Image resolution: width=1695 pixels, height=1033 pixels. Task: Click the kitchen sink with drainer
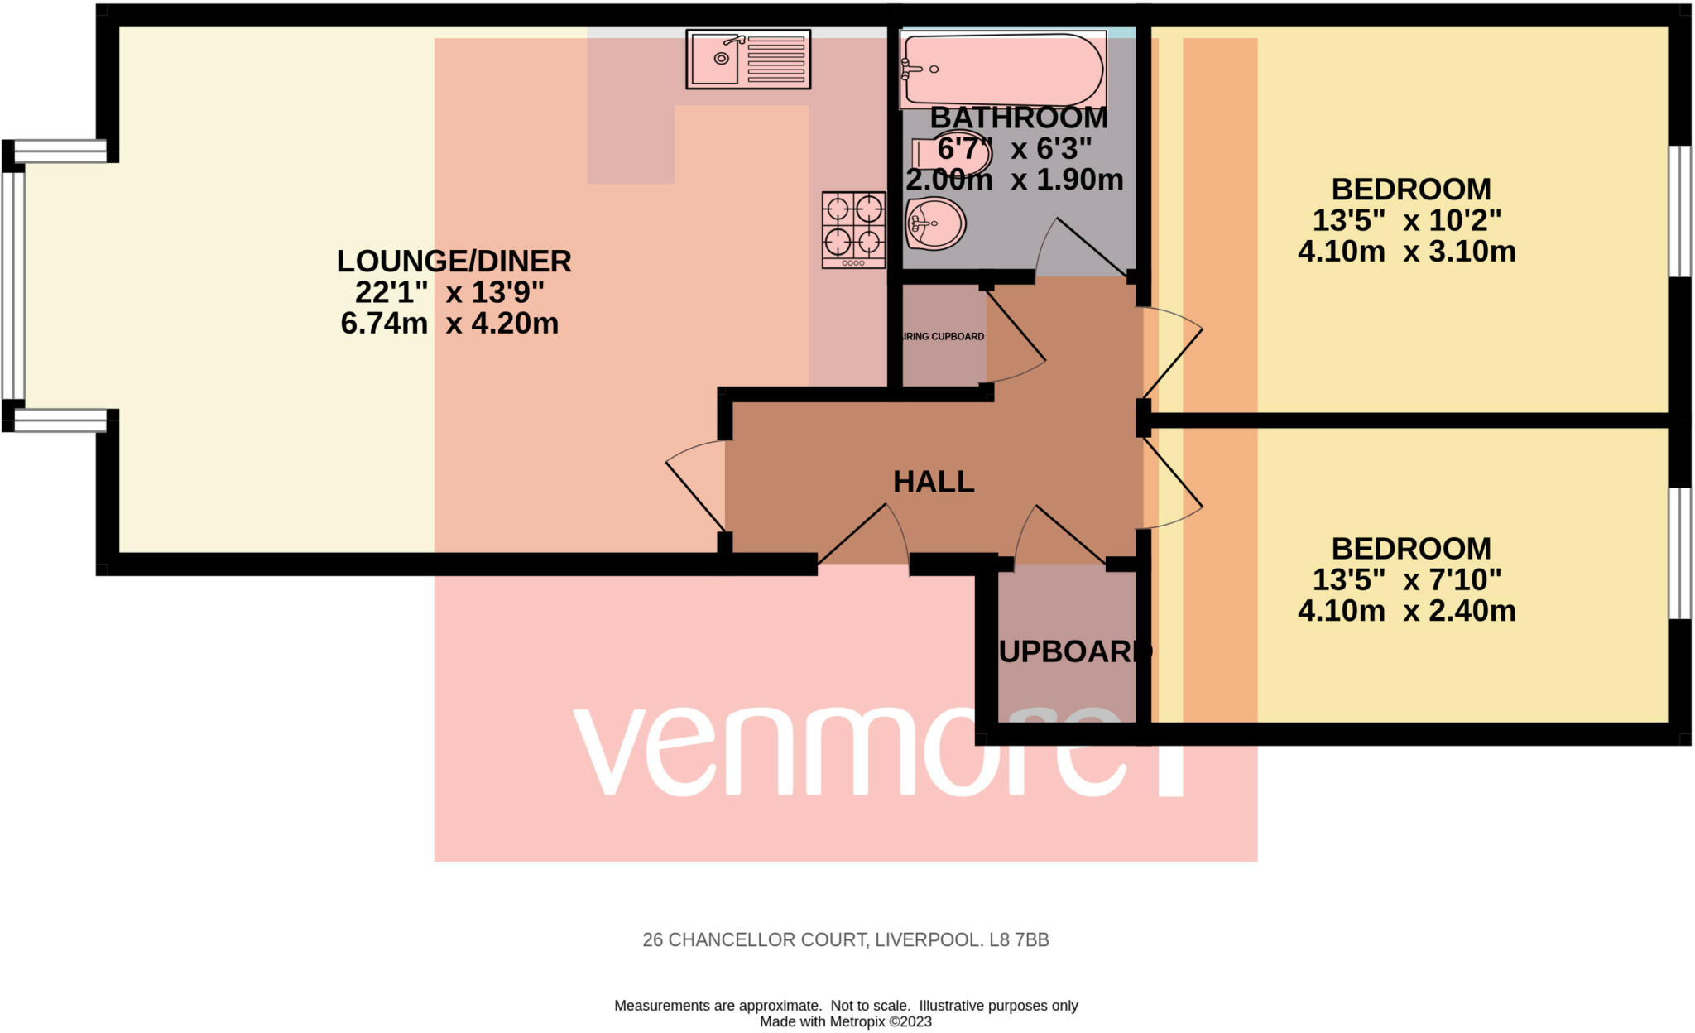click(748, 59)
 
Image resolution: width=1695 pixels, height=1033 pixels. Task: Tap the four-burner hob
click(853, 229)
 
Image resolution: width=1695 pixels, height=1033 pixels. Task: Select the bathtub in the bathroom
click(1002, 70)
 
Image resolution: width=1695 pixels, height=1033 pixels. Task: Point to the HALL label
click(934, 482)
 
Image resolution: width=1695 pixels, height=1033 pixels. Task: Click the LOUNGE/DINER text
click(454, 262)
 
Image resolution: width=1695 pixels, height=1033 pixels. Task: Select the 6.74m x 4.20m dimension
click(449, 323)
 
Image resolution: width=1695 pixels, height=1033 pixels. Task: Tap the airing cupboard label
click(943, 337)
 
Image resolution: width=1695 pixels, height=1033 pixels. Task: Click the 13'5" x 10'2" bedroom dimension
click(1406, 220)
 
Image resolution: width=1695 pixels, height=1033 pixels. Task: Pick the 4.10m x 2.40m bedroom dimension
click(1406, 611)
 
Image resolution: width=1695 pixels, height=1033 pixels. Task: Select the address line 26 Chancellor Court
click(845, 940)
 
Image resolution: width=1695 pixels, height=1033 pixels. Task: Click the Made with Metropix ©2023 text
click(845, 1021)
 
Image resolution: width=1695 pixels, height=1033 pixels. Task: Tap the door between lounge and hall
click(695, 488)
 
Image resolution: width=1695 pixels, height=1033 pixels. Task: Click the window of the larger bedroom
click(1678, 211)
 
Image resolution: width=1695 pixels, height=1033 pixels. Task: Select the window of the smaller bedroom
click(1678, 553)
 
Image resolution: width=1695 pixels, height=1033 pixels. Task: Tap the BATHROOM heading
click(1018, 118)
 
